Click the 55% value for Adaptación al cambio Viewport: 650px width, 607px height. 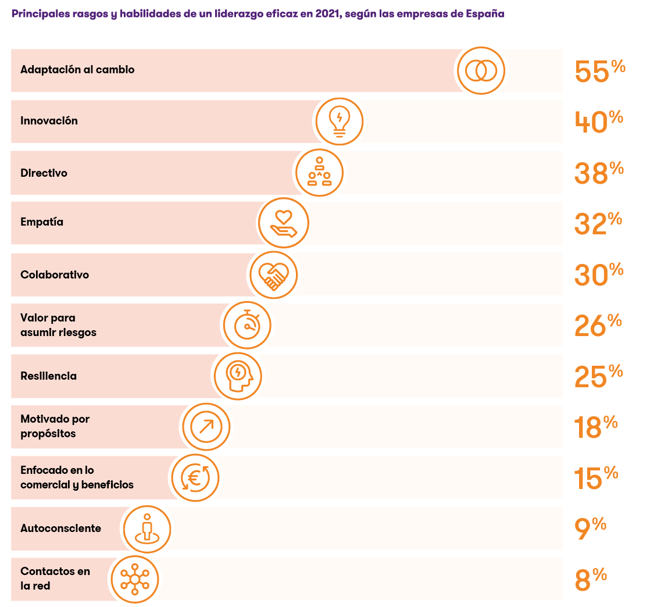pos(599,71)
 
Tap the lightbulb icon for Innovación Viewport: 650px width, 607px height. pos(340,122)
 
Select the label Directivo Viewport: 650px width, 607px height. pos(44,173)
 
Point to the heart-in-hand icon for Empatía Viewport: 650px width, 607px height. pos(283,223)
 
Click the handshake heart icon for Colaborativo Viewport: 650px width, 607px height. pos(273,274)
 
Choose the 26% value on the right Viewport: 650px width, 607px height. pos(598,326)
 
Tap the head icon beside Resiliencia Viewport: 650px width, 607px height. pos(238,376)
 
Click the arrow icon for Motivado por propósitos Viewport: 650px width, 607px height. pos(206,427)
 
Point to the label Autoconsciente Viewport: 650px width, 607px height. pos(60,529)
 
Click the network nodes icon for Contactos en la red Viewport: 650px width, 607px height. pos(134,579)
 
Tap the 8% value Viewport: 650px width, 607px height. pos(591,580)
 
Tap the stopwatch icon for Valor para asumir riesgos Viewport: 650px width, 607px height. pos(247,325)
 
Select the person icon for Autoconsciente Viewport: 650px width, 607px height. pos(147,529)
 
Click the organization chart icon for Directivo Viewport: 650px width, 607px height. pos(319,173)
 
